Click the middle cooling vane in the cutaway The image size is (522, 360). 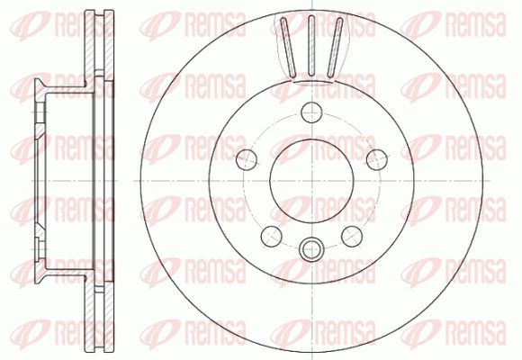(311, 46)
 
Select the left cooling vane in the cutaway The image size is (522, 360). (288, 48)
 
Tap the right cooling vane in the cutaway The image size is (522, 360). (335, 48)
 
